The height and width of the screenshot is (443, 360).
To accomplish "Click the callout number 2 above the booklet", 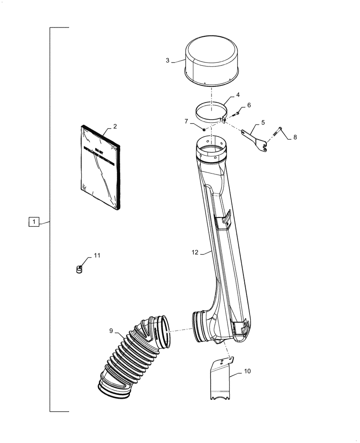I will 115,127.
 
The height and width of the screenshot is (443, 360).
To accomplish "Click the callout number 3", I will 168,60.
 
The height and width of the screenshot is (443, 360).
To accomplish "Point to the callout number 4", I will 238,95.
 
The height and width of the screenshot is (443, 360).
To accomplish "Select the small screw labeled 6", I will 235,114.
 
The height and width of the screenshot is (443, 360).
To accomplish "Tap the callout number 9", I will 110,330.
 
